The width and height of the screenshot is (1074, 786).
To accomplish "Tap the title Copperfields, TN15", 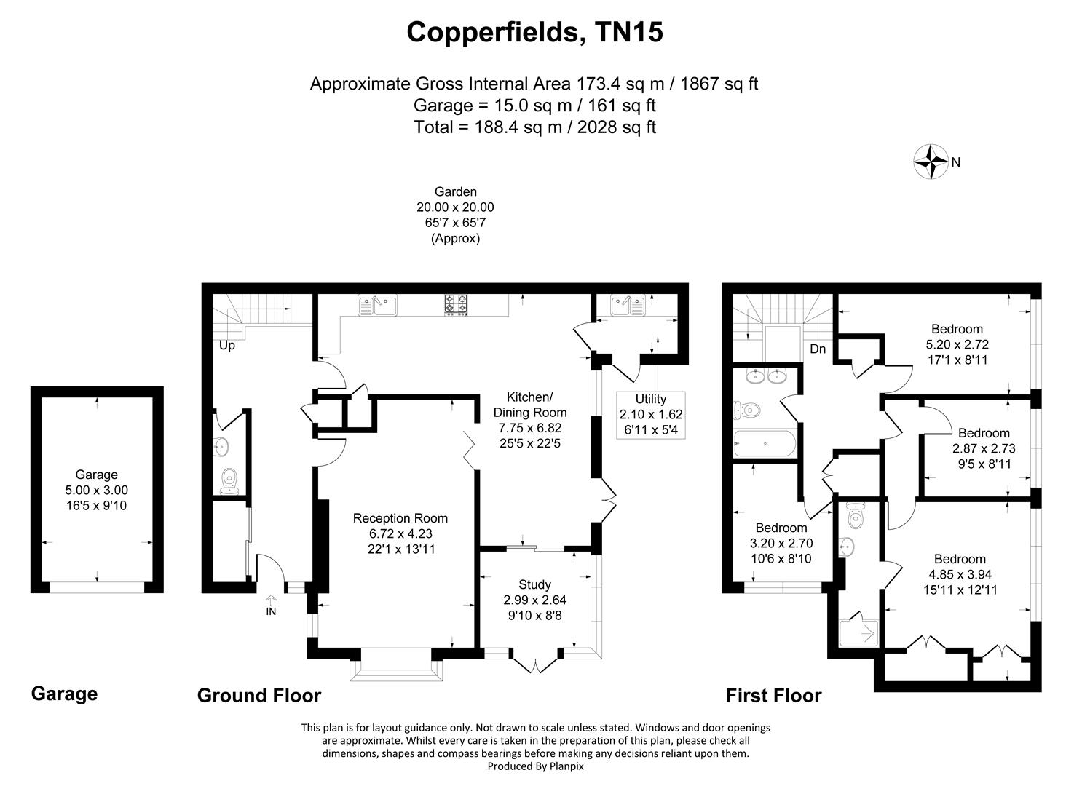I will click(x=534, y=32).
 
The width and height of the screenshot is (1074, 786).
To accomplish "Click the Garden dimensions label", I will click(x=455, y=215).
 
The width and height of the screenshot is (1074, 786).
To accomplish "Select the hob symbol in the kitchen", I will click(x=457, y=304).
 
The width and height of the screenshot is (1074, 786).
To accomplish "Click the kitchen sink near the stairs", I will click(x=376, y=304).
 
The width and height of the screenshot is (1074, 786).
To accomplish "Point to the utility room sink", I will click(x=627, y=304).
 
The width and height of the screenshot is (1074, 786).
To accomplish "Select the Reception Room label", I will click(x=400, y=533).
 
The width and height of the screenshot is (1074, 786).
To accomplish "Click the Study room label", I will click(x=534, y=600).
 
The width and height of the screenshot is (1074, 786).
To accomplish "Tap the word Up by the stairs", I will click(x=227, y=346).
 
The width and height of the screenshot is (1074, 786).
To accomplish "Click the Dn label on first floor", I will click(x=818, y=349).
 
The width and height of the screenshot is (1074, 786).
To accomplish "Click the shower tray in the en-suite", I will click(x=861, y=633).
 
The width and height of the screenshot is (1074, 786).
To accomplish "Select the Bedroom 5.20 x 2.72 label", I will click(x=957, y=344).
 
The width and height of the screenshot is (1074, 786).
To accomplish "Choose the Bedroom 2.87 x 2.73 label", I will click(x=984, y=448).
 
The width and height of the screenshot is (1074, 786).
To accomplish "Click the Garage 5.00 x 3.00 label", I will click(x=97, y=490).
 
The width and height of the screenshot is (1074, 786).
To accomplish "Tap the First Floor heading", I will click(x=773, y=696).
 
